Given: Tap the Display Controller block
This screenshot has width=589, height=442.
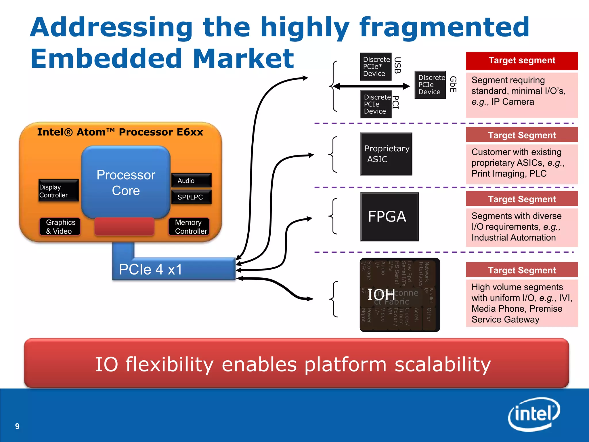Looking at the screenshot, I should pos(58,190).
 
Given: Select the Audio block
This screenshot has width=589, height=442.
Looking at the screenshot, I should pos(191,180).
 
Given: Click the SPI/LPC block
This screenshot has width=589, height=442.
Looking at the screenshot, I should pos(191,197).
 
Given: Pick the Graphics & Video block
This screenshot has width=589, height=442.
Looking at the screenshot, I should pos(60,226).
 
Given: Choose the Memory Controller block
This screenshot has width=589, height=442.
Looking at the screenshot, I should pos(189,226).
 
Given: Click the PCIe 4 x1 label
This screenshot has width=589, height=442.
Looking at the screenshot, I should pos(150,269).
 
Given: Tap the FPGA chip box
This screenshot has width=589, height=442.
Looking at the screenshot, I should pos(389,217).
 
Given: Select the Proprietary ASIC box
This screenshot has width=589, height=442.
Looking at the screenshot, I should pos(386,154).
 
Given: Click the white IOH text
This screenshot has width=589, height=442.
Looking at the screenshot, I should pos(381,295).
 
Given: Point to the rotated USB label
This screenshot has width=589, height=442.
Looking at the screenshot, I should pos(397,65).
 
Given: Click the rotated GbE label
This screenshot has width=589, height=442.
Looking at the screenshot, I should pos(453,84).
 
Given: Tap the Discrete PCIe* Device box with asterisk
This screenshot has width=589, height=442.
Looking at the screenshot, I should pos(376,66).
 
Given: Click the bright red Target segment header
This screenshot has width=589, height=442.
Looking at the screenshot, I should pos(522,61).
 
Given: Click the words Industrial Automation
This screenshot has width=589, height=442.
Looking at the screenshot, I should pos(513,238).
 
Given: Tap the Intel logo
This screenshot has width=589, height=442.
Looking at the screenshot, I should pos(534,414).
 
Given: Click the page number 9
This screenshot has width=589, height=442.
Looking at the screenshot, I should pos(17,426).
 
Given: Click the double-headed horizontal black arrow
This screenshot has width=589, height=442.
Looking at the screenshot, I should pos(371,86).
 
